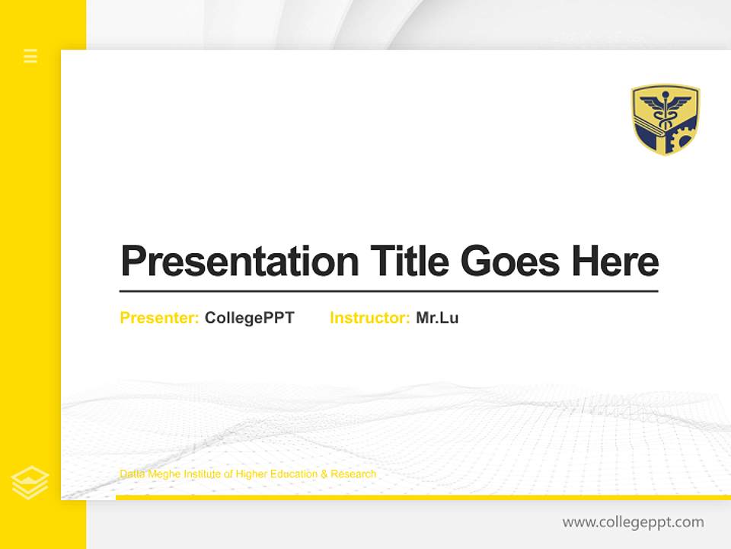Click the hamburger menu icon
30,56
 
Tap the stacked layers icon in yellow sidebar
30,483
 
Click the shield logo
665,119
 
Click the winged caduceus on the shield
665,106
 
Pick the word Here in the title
615,262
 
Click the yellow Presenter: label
160,318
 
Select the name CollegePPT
250,318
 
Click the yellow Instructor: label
370,318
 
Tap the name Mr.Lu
437,318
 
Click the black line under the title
388,291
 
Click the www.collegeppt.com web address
633,522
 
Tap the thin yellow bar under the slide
423,497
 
